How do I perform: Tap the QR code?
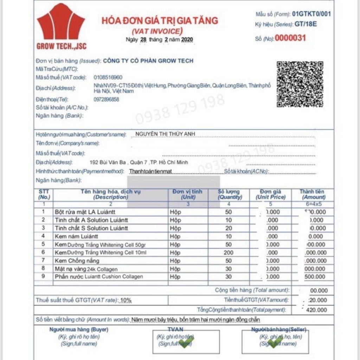click(300, 84)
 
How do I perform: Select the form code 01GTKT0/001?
click(311, 14)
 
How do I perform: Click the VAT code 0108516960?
click(108, 77)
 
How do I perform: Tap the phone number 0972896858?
click(106, 99)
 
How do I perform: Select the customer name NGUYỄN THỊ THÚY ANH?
click(165, 134)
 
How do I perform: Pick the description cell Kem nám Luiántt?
click(76, 236)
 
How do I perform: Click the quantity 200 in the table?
click(229, 252)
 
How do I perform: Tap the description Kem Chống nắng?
click(77, 261)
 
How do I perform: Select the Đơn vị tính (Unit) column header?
click(187, 194)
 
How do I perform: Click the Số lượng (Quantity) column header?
click(229, 194)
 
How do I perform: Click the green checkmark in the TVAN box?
click(186, 341)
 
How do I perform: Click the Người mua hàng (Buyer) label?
click(79, 330)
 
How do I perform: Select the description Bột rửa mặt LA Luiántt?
click(85, 212)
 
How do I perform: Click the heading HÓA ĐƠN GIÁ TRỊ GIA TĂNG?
click(160, 20)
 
